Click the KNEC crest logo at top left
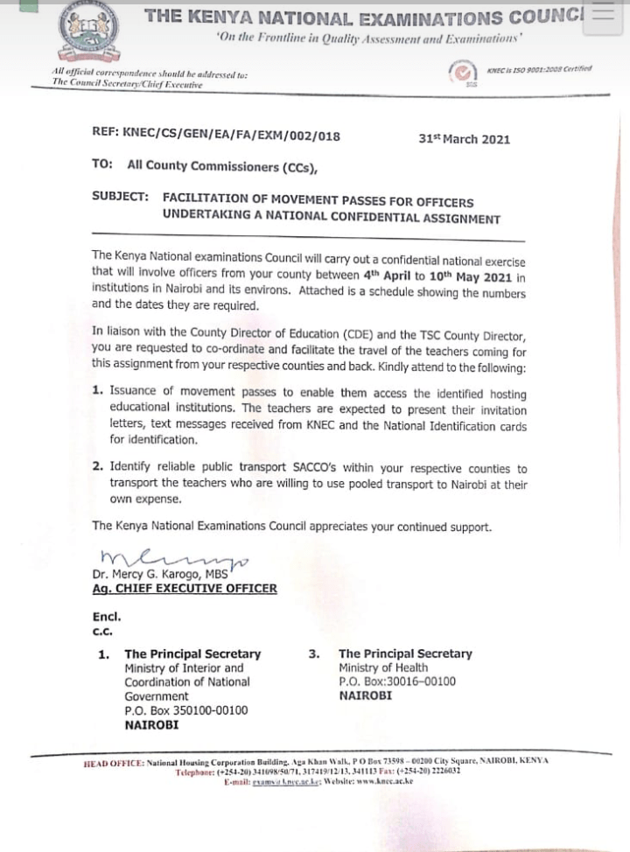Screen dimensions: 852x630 [x=90, y=36]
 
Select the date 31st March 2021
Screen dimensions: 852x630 [x=464, y=139]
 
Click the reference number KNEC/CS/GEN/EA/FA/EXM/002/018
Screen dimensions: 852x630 [x=216, y=136]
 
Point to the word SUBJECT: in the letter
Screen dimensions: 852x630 [x=120, y=197]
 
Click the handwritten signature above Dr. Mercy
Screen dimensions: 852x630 [x=172, y=556]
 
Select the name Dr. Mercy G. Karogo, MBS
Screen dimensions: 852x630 [x=160, y=574]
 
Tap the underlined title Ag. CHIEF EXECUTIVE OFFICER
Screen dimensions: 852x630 [x=185, y=589]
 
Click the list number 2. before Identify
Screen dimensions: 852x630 [x=98, y=469]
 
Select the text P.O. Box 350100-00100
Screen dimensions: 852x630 [x=186, y=710]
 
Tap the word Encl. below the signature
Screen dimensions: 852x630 [x=106, y=617]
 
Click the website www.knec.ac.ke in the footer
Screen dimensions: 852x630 [x=377, y=781]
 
